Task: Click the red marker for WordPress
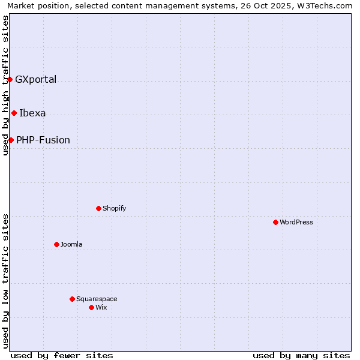tap(275, 222)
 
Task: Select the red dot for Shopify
tap(98, 208)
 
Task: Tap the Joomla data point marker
tap(56, 244)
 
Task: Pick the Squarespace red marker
tap(72, 299)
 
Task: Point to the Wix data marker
tap(91, 307)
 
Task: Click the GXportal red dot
tap(10, 79)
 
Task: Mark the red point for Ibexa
tap(14, 113)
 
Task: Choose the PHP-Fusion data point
tap(11, 140)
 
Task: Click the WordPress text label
tap(296, 222)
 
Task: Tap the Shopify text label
tap(114, 208)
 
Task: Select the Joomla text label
tap(71, 244)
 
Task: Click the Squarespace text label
tap(97, 299)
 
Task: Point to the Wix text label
tap(101, 307)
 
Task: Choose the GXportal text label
tap(36, 79)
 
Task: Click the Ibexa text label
tap(32, 113)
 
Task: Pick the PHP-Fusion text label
tap(43, 140)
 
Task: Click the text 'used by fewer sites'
tap(62, 355)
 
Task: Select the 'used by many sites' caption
tap(301, 355)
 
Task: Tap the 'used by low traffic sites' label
tap(5, 281)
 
